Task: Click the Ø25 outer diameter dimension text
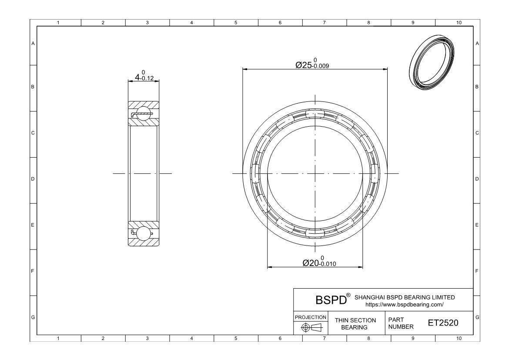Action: (312, 64)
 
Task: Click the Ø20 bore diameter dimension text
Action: (319, 262)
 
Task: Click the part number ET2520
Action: (443, 323)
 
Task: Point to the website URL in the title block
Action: (405, 304)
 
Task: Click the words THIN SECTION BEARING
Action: (355, 323)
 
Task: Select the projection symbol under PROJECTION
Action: (311, 327)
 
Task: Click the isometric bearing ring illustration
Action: (432, 62)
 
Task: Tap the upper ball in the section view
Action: (144, 113)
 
